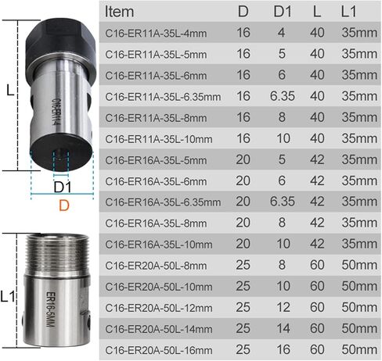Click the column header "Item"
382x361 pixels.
(x=119, y=12)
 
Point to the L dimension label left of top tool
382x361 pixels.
(x=9, y=91)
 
